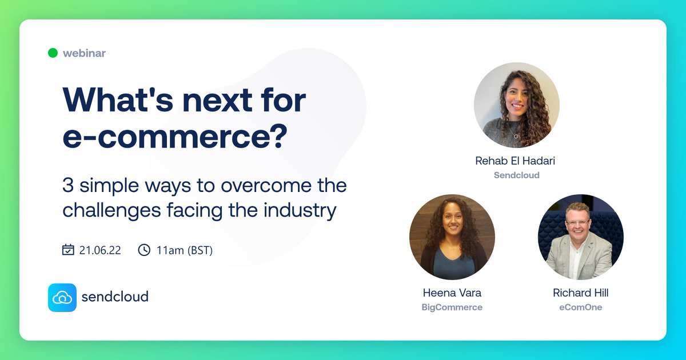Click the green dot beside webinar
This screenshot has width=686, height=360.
53,53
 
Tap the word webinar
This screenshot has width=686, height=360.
84,53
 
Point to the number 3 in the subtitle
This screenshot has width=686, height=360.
67,186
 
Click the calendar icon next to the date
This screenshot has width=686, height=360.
68,250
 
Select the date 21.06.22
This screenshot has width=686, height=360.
100,250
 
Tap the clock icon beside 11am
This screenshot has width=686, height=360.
144,250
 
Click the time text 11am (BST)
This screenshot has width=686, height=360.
184,250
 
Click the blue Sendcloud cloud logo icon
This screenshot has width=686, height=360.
62,297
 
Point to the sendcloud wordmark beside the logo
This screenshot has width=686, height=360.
115,297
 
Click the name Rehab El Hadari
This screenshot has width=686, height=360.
515,161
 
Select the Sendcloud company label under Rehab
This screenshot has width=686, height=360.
516,175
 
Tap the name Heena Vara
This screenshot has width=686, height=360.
452,293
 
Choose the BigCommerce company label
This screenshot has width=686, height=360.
452,307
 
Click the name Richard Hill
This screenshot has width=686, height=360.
580,293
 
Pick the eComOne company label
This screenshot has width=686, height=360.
580,307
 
